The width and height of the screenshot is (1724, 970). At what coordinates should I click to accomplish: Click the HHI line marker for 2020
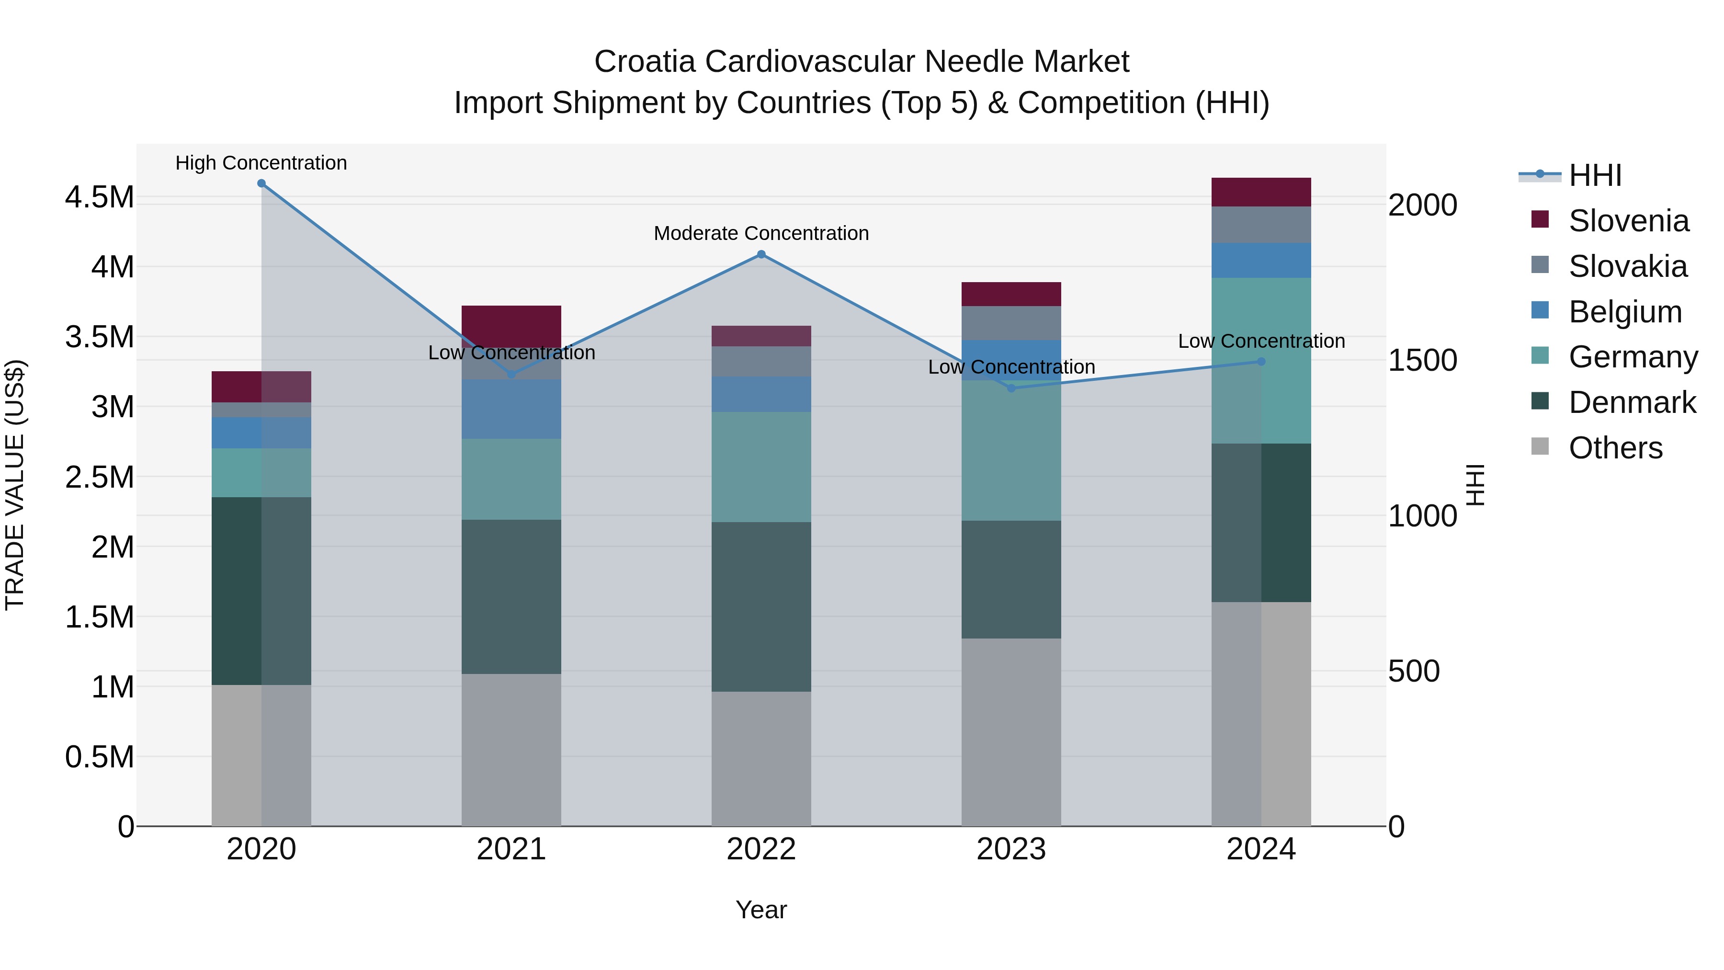[261, 183]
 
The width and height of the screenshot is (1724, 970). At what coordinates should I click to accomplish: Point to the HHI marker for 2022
[761, 254]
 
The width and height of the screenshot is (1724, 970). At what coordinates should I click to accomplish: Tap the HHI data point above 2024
[1261, 362]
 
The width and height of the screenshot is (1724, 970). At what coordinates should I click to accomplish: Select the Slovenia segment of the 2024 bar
[1261, 192]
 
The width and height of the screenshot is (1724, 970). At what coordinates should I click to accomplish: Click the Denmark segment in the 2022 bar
[761, 606]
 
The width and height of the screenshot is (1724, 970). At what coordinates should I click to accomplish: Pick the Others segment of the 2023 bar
[1011, 731]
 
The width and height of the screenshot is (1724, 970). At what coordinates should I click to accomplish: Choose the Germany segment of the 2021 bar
[511, 479]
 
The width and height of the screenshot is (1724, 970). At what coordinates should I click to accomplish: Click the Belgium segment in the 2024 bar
[1261, 261]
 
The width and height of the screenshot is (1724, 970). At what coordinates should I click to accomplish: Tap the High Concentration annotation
[261, 163]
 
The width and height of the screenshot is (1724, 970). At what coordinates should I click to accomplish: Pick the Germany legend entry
[1633, 357]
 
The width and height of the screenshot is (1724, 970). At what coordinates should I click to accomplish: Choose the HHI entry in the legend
[1595, 175]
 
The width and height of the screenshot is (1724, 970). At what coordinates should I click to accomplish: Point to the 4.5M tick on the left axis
[100, 197]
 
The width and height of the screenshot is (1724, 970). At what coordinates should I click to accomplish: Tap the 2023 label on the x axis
[1011, 849]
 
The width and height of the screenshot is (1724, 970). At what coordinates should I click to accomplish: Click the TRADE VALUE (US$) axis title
[15, 485]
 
